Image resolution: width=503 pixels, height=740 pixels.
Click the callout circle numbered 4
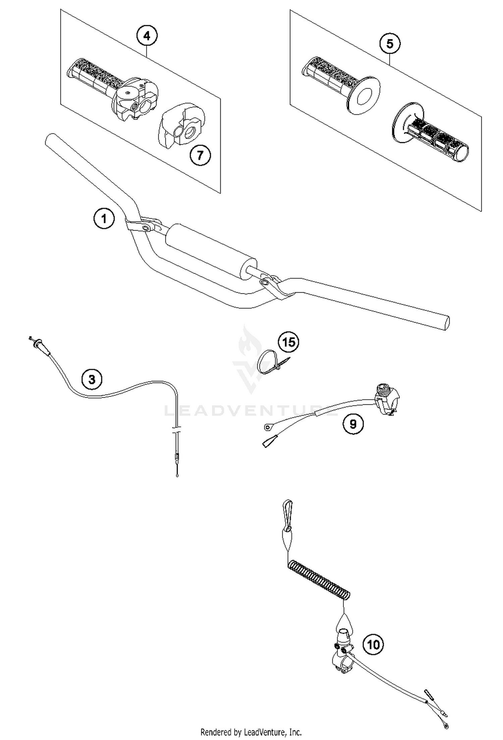147,35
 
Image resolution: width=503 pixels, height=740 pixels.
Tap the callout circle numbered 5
390,44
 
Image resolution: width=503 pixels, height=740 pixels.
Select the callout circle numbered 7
200,155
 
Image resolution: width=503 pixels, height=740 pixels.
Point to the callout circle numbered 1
104,219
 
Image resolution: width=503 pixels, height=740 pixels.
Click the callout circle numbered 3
92,379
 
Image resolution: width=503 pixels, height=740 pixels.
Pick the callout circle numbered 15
288,342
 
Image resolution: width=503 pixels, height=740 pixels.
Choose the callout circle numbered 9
353,424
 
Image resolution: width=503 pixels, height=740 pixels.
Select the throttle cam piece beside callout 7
181,126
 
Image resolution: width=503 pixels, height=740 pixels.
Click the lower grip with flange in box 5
433,138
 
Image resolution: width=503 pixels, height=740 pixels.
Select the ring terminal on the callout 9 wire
268,427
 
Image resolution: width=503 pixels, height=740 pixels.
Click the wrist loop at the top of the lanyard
288,519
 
